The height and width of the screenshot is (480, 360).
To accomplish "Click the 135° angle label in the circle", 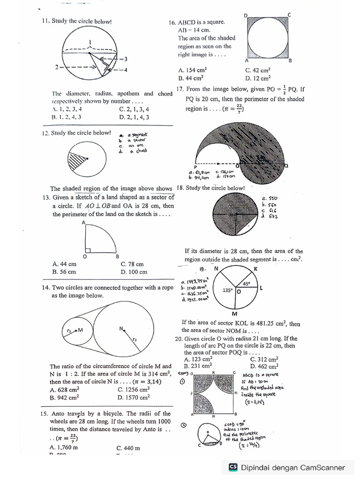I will [227, 291].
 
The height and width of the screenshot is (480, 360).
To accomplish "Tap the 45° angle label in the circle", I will [245, 284].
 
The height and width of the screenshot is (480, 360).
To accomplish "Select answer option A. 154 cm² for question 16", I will [193, 70].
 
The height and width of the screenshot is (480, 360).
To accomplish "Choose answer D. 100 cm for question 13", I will [134, 271].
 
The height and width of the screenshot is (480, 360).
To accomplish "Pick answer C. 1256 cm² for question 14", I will [134, 389].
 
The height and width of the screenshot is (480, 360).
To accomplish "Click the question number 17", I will [180, 89].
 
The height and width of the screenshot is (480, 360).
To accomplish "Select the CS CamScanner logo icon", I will [233, 467].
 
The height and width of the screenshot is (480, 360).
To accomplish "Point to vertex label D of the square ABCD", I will [246, 15].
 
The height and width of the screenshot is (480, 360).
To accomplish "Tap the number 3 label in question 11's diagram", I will [126, 59].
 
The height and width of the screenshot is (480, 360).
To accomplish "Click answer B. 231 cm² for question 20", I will [198, 366].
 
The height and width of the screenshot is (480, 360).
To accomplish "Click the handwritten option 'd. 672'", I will [270, 216].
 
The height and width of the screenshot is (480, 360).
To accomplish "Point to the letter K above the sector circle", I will [255, 269].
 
